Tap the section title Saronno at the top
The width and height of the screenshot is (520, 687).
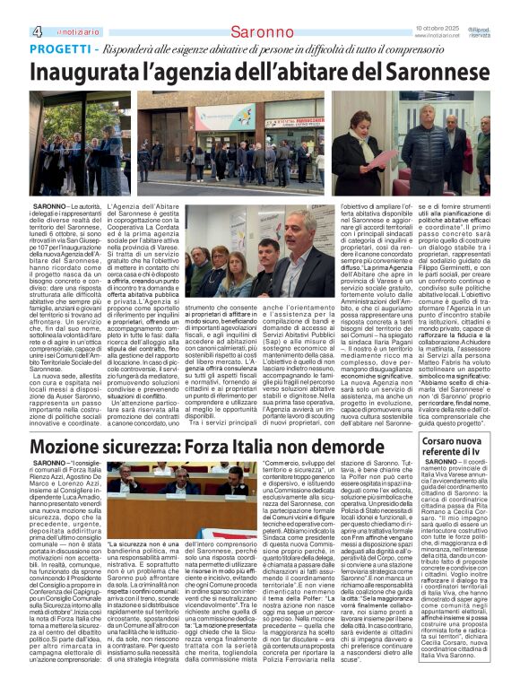[259, 33]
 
